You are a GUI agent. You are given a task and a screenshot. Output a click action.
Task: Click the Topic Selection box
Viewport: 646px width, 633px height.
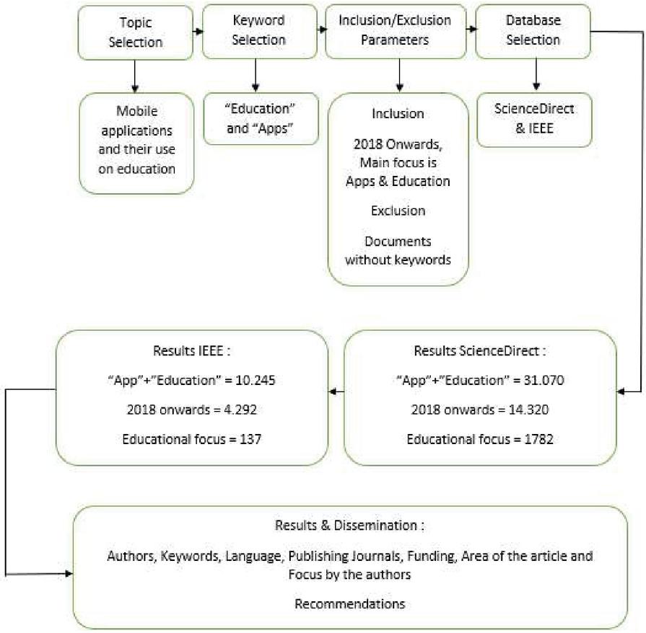(x=135, y=32)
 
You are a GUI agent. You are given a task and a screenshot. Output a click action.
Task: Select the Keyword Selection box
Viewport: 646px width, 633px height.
(x=260, y=31)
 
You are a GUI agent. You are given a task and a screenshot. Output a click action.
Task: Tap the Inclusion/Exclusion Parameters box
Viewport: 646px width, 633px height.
(x=396, y=31)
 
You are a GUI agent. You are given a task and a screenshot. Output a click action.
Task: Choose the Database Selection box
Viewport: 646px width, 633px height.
(x=533, y=31)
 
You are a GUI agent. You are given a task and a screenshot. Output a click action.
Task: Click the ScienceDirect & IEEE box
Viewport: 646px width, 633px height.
(x=534, y=120)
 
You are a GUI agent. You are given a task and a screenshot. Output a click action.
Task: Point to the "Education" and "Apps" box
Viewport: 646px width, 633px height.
(x=261, y=118)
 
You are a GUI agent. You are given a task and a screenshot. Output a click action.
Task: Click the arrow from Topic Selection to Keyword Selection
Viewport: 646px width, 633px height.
(x=198, y=31)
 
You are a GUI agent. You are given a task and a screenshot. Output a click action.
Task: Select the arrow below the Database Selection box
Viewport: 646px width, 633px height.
(x=536, y=74)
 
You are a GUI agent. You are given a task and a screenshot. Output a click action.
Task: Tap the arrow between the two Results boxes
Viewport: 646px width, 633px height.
(x=336, y=391)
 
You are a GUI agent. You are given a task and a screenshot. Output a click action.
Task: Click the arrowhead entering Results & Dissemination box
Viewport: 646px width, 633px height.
(x=69, y=573)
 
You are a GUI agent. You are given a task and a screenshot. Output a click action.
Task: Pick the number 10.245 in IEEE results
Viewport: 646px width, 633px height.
(x=255, y=380)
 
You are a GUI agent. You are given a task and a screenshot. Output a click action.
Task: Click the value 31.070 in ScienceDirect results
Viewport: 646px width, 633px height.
(x=544, y=380)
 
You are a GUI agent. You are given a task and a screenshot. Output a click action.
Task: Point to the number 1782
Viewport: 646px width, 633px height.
(x=538, y=439)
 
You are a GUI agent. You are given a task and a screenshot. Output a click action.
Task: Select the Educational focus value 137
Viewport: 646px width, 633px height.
(x=250, y=439)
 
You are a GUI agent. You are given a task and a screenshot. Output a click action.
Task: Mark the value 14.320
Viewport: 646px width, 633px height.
(x=528, y=410)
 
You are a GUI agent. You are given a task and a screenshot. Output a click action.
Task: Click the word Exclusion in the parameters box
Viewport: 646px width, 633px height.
(x=398, y=211)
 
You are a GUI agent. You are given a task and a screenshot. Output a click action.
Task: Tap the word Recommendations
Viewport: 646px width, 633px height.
(x=350, y=603)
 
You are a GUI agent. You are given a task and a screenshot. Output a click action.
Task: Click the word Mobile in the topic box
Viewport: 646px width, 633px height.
(x=137, y=111)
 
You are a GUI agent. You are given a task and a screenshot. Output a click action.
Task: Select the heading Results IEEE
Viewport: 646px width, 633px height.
(x=191, y=350)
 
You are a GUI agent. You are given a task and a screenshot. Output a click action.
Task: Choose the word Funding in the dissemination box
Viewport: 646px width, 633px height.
(x=432, y=556)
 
